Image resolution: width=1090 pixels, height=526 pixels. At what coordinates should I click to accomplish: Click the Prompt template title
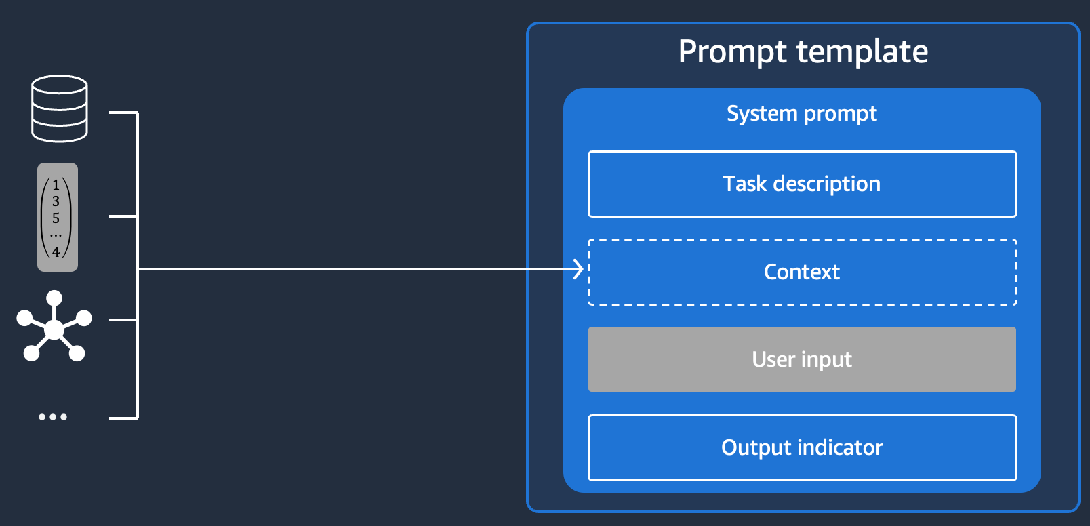point(803,52)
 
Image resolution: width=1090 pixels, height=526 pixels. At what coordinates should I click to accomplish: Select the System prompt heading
point(802,114)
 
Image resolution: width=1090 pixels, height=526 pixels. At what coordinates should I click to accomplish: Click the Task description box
point(803,184)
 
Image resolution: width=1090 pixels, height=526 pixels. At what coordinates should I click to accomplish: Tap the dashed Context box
point(803,272)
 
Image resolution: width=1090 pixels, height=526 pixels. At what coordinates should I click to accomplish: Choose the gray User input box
point(802,359)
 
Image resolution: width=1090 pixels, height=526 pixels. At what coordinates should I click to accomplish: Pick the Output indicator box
point(803,447)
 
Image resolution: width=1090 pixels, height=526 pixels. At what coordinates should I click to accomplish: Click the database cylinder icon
point(60,108)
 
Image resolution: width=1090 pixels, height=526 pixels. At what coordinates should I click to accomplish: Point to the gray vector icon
point(58,217)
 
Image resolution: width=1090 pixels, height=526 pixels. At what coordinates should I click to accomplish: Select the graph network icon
point(54,326)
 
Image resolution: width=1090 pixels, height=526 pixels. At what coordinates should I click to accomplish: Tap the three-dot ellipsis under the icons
point(53,416)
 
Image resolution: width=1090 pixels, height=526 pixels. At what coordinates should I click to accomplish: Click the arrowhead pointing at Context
point(579,269)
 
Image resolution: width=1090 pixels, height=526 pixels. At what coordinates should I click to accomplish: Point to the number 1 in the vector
point(56,185)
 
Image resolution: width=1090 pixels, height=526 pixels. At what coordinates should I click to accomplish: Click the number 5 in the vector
point(56,218)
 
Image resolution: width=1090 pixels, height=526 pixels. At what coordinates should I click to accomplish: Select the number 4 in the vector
point(56,251)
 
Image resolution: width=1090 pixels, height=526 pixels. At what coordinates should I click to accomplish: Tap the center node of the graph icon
point(54,330)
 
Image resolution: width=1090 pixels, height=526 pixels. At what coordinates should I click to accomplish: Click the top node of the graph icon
point(54,298)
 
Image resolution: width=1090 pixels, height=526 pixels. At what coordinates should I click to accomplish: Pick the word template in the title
point(862,52)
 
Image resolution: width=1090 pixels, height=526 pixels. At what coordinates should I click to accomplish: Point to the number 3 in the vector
point(56,201)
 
